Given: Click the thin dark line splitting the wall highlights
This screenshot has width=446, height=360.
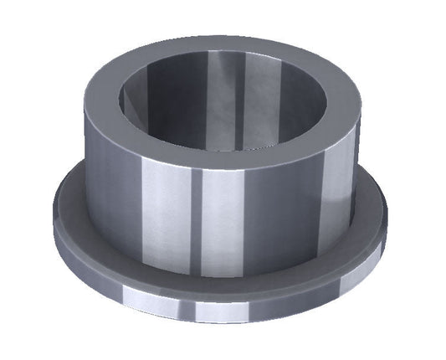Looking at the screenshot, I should tap(198, 222).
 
